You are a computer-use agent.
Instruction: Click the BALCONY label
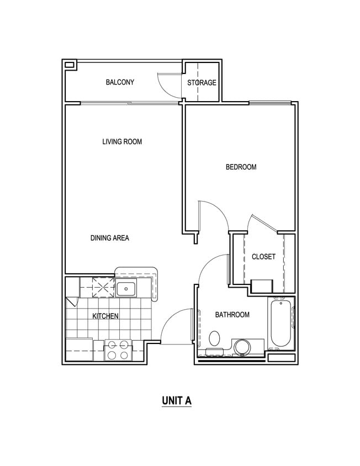(120, 83)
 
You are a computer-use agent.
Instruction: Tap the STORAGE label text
(202, 83)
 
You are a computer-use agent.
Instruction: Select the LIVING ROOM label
(122, 142)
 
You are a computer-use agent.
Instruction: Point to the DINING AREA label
(109, 239)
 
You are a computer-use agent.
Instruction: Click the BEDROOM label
(241, 167)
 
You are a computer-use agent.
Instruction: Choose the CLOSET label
(263, 257)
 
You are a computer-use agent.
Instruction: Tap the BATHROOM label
(232, 315)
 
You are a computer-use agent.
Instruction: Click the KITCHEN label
(105, 316)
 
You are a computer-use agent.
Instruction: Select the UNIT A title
(177, 401)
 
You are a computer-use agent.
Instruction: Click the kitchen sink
(126, 287)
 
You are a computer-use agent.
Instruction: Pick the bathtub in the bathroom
(282, 324)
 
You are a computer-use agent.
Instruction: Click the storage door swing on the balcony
(168, 84)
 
